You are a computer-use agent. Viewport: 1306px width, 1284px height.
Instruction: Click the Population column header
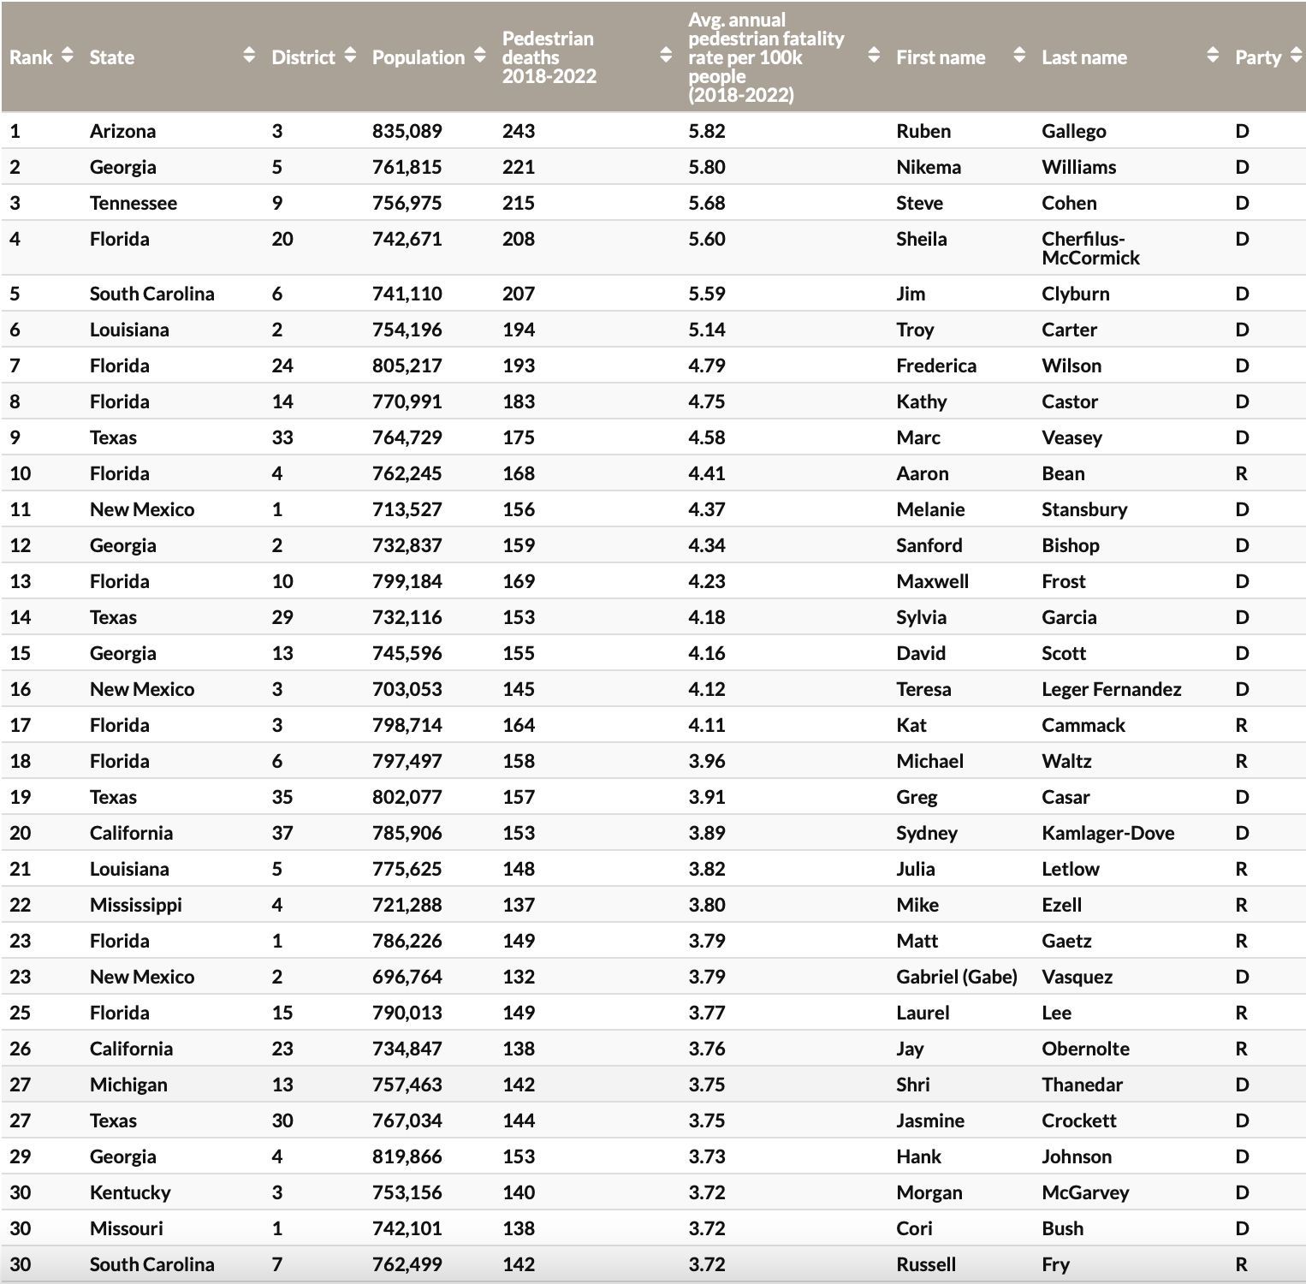pos(418,57)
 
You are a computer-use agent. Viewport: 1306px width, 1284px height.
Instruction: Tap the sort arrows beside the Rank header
pos(68,56)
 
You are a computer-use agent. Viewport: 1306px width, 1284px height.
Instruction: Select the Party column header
pos(1257,57)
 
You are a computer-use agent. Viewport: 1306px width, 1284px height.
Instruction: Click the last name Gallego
pos(1073,131)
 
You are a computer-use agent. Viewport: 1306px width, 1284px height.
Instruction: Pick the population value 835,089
pos(407,131)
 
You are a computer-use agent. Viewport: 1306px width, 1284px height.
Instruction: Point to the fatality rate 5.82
pos(706,131)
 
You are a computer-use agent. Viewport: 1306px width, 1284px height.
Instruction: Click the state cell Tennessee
pos(133,203)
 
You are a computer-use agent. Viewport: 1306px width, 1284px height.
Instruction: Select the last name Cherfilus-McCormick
pos(1090,248)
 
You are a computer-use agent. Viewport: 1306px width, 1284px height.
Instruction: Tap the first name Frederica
pos(935,366)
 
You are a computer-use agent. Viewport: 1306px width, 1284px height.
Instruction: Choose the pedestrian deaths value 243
pos(518,131)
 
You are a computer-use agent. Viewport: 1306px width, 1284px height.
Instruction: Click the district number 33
pos(282,437)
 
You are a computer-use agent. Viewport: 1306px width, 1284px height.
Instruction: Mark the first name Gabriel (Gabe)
pos(956,977)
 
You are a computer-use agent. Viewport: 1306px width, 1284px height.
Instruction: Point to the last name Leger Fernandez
pos(1111,689)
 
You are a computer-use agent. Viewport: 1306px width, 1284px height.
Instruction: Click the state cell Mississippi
pos(135,905)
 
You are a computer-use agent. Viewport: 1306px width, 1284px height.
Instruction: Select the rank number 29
pos(20,1156)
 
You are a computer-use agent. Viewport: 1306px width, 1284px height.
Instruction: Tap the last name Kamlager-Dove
pos(1107,833)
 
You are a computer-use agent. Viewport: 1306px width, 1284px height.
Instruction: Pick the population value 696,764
pos(407,977)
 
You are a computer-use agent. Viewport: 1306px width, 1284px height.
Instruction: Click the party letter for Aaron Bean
pos(1241,473)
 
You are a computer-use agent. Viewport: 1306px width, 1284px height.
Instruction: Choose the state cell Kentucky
pos(130,1192)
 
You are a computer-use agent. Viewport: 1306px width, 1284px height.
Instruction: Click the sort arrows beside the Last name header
pos(1212,56)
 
